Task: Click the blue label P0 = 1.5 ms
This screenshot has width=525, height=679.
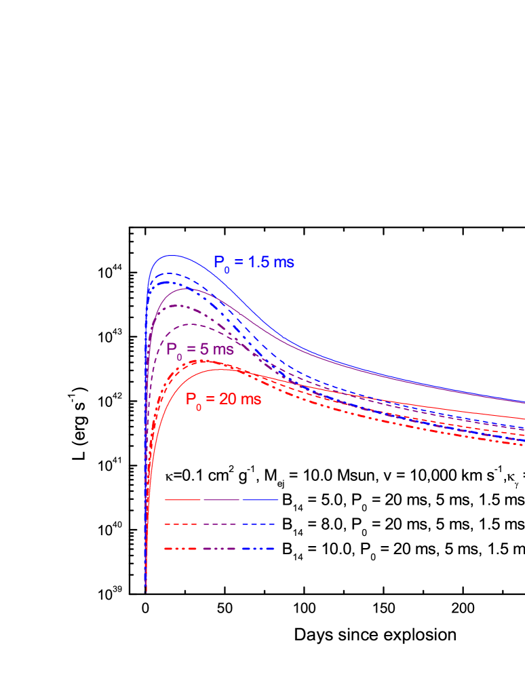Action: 254,263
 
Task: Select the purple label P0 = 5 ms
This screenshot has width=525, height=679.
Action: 200,350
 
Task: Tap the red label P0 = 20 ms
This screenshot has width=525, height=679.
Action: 223,400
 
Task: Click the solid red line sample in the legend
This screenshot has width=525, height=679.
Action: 182,500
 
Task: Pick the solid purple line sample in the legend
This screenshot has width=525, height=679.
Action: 221,500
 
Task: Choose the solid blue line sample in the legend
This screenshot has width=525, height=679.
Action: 260,500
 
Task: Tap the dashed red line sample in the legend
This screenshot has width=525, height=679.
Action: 182,524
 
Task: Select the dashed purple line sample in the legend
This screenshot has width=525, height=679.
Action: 221,524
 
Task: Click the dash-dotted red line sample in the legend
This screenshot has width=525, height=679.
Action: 182,549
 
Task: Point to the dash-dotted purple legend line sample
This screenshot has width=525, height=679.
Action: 221,549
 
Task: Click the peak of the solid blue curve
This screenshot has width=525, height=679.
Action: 172,256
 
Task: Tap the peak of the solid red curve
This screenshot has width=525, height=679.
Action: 220,369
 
